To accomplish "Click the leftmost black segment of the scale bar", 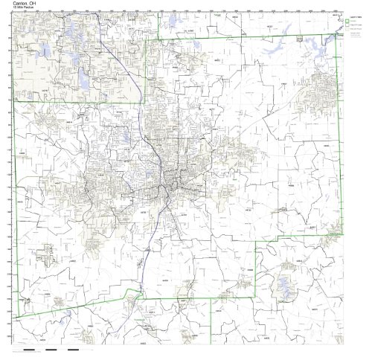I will coord(31,348).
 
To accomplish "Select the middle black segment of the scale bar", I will coord(51,348).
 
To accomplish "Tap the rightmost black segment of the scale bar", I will coord(73,348).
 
